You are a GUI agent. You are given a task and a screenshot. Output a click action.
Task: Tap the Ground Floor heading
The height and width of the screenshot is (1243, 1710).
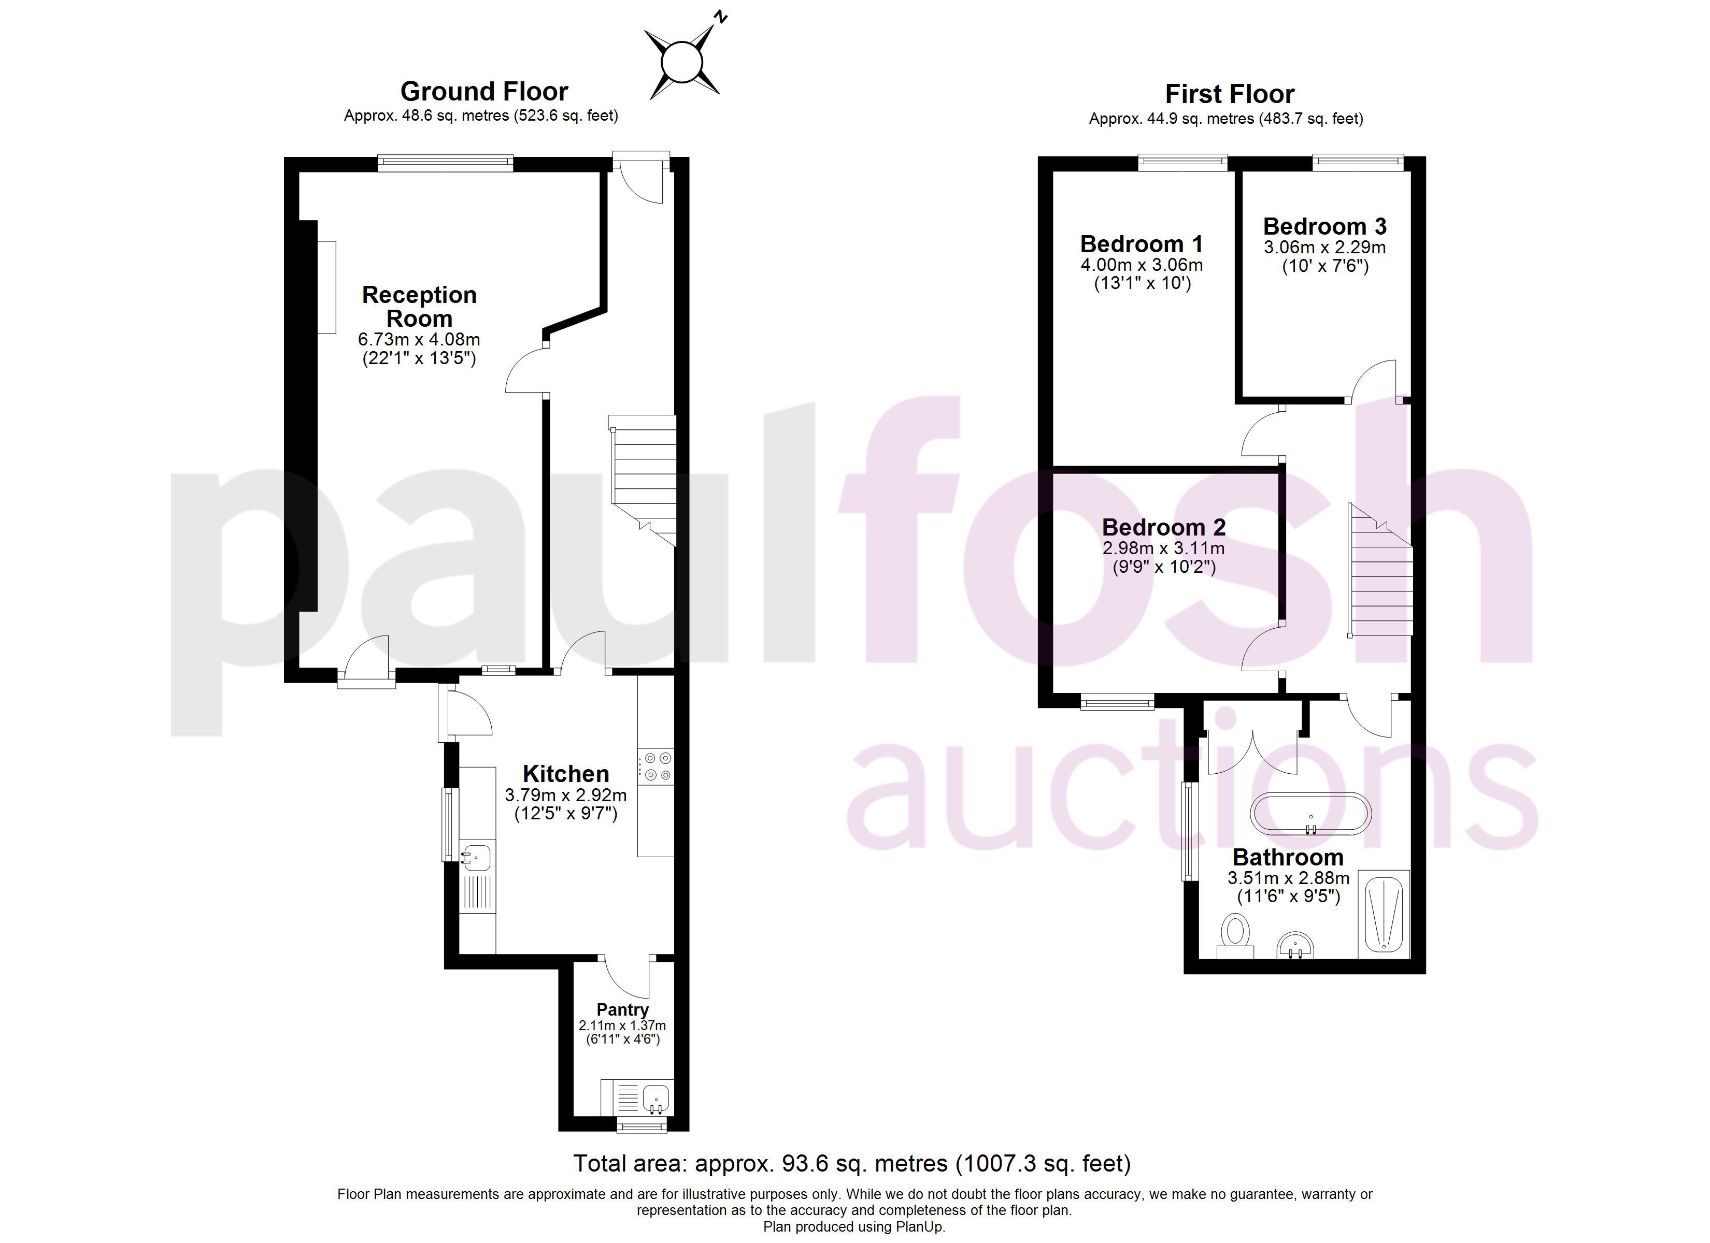pyautogui.click(x=484, y=91)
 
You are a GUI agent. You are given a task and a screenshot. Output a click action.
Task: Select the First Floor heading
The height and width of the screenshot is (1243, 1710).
pyautogui.click(x=1230, y=94)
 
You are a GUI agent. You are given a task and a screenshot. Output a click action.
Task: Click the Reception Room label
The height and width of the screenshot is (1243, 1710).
pyautogui.click(x=419, y=306)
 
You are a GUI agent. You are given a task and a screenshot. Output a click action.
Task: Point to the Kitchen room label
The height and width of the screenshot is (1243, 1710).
pyautogui.click(x=565, y=773)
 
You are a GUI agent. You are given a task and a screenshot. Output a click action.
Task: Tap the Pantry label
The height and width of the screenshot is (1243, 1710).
pyautogui.click(x=623, y=1009)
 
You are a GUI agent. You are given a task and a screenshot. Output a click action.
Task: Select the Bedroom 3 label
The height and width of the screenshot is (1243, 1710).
pyautogui.click(x=1324, y=226)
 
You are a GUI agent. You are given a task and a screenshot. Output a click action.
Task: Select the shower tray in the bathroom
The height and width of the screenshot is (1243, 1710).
pyautogui.click(x=1384, y=914)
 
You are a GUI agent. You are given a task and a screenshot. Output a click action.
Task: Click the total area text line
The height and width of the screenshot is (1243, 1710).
pyautogui.click(x=852, y=1163)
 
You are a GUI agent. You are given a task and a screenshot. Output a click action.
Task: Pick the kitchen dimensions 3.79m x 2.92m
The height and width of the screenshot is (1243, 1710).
pyautogui.click(x=565, y=795)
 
